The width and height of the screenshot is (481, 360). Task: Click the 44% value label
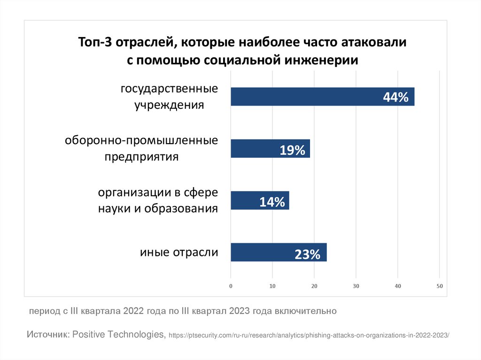point(396,98)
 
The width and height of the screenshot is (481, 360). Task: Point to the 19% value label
point(293,150)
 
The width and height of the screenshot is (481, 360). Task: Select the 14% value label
point(272,202)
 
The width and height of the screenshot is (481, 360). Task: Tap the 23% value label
point(308,255)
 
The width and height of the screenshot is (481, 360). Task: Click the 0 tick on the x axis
point(231,286)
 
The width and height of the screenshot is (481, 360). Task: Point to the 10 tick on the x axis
point(272,286)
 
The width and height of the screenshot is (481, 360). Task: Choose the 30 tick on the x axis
point(356,286)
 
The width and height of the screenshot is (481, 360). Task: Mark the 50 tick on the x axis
point(440,286)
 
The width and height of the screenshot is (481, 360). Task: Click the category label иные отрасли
point(179,253)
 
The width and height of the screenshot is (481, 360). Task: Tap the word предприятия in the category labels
point(141,156)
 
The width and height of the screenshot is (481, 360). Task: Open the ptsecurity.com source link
point(309,336)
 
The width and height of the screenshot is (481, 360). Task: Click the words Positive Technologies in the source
point(118,335)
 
